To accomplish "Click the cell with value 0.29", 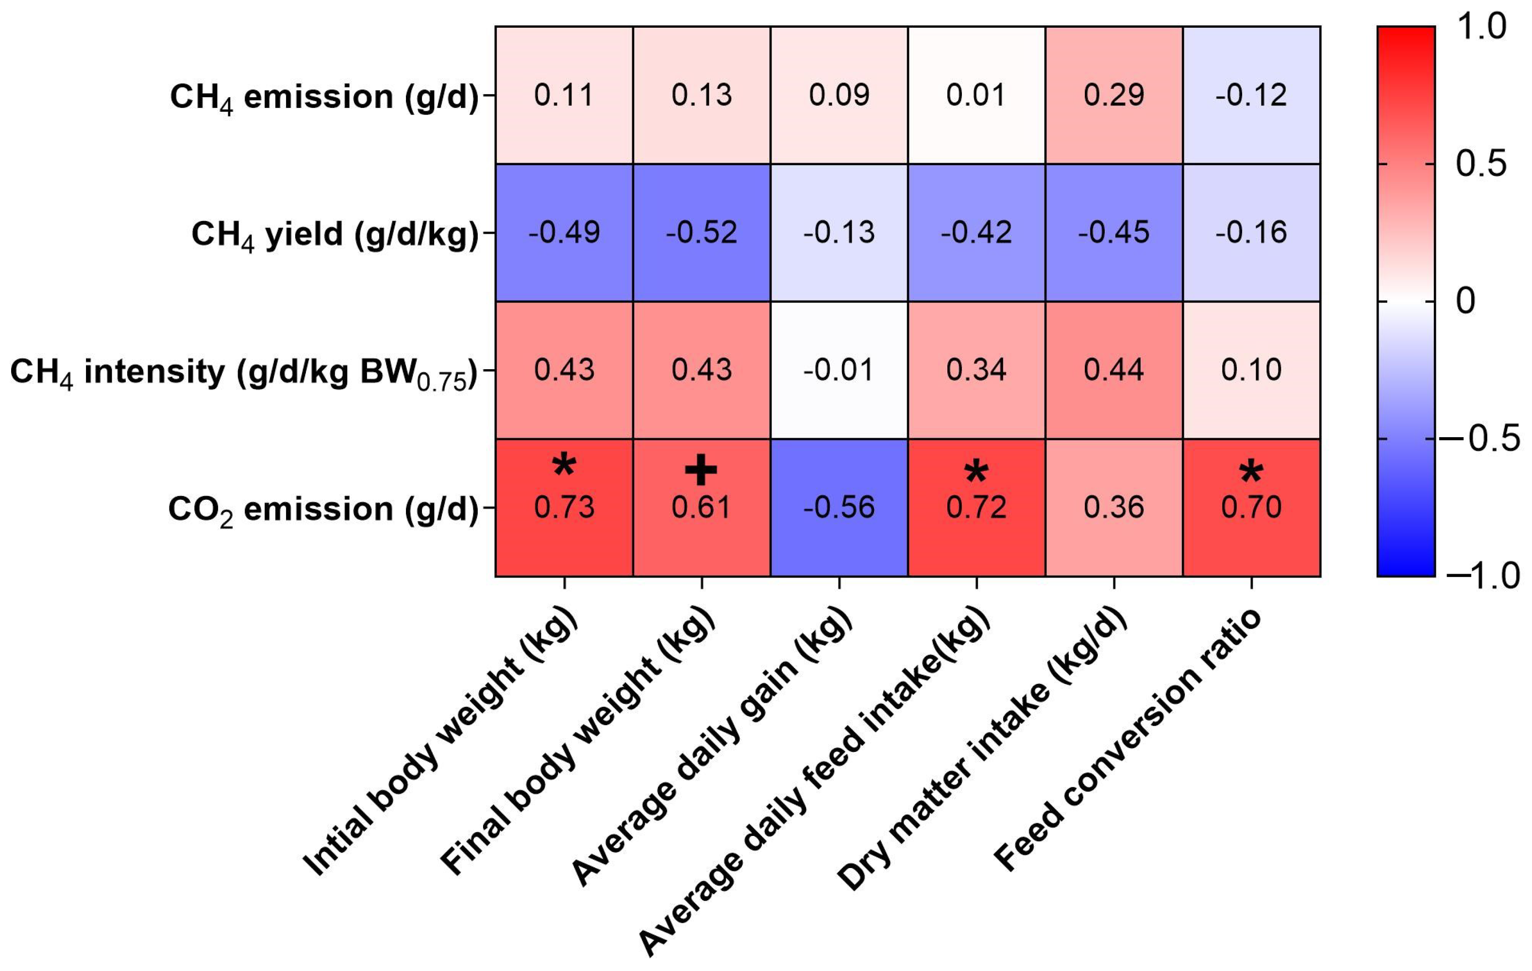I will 1113,95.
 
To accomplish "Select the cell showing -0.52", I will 701,233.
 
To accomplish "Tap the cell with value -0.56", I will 839,508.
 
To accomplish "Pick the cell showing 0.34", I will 976,370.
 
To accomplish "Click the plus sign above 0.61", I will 701,471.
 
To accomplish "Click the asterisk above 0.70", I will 1251,472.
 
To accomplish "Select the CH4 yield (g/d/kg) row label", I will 335,234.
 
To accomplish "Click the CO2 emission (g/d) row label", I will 323,509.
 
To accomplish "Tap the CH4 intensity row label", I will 244,372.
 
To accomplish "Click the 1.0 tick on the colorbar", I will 1481,28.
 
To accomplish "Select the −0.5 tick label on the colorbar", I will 1479,439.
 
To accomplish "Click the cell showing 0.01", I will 976,95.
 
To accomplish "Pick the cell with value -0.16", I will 1251,233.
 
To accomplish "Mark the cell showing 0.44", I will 1113,370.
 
